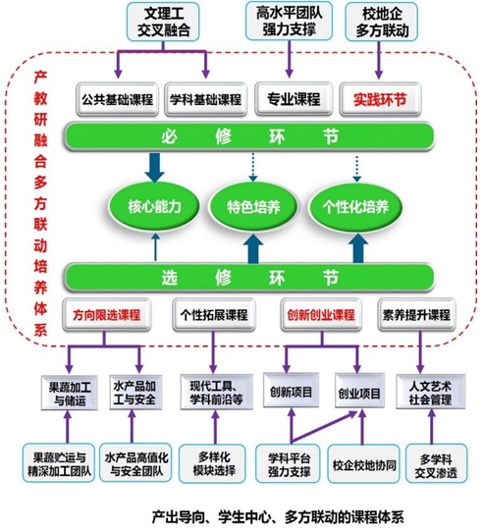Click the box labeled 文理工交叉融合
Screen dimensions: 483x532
[163, 22]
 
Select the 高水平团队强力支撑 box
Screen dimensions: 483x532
[289, 21]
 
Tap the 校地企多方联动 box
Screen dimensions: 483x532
[382, 22]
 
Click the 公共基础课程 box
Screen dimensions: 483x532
[117, 99]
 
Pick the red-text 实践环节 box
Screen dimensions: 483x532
[380, 99]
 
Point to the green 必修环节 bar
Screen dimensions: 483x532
[249, 136]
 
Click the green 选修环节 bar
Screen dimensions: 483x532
[249, 278]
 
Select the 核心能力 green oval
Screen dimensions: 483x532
[154, 206]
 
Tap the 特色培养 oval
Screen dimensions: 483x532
[253, 206]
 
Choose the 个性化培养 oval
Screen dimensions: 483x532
[355, 206]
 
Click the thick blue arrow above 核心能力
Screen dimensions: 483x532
[155, 168]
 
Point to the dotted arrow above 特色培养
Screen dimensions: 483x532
[253, 168]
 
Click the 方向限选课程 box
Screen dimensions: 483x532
[107, 315]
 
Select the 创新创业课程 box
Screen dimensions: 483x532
[321, 315]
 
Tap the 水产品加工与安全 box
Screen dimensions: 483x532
[135, 393]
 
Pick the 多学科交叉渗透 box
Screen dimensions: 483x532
[436, 463]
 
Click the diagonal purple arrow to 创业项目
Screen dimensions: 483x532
[325, 427]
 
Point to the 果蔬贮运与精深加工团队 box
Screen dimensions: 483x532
[59, 462]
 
